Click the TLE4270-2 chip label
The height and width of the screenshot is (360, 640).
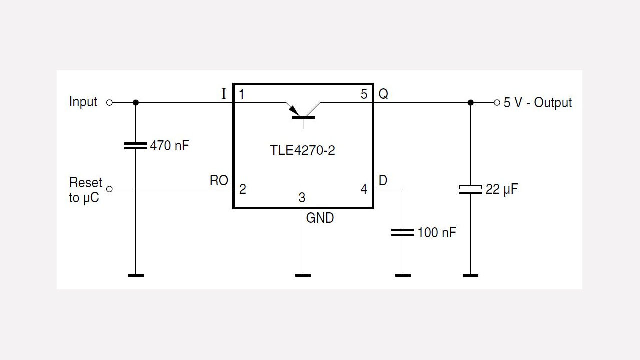point(302,150)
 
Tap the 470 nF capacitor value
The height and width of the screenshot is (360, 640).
point(170,146)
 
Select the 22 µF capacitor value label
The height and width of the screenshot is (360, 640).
point(502,189)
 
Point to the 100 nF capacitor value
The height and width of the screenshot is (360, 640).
point(436,232)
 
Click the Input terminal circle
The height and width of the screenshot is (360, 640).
point(110,102)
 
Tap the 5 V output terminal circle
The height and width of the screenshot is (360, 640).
point(496,102)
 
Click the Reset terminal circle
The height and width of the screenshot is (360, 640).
point(110,189)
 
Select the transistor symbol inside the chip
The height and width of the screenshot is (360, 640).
point(303,112)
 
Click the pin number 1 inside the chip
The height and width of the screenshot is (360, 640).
point(242,94)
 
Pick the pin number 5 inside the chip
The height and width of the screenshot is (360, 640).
point(364,94)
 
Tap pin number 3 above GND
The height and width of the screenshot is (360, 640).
point(302,198)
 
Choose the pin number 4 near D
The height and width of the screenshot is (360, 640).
point(364,189)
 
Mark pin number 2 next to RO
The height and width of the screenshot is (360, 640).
point(242,189)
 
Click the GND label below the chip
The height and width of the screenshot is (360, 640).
point(320,218)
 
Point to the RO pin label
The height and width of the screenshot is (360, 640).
point(219,181)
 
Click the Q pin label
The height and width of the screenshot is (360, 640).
point(383,94)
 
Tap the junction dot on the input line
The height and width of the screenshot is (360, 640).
point(135,102)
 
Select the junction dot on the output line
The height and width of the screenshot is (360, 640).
point(470,102)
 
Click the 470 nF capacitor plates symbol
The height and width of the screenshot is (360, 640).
point(135,146)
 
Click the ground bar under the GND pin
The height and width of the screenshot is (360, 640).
point(303,275)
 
